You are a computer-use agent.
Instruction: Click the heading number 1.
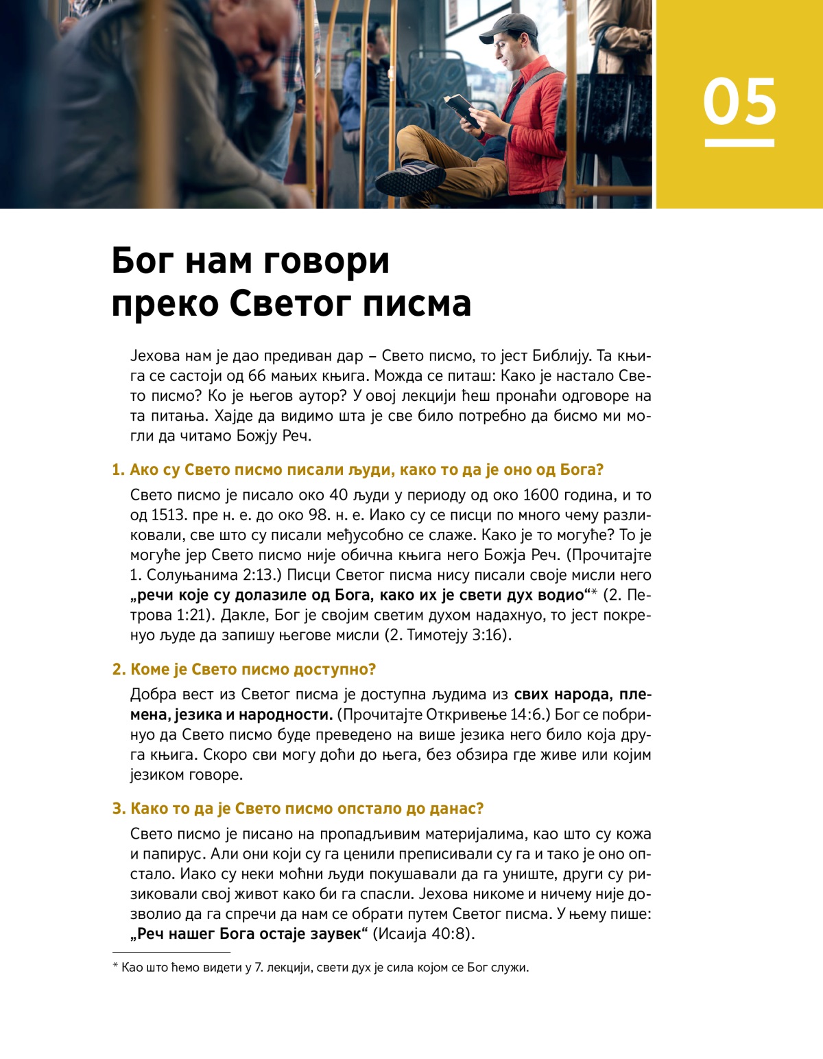[x=118, y=470]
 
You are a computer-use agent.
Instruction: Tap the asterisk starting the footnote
[x=115, y=968]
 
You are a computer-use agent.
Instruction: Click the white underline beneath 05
[x=739, y=143]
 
